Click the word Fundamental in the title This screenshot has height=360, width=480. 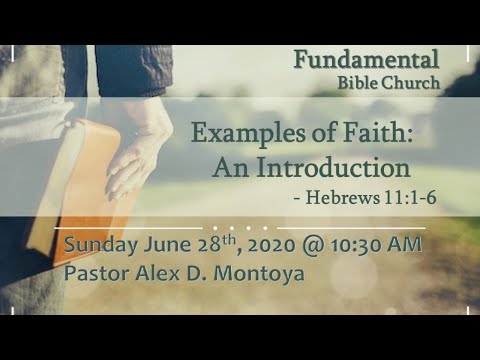click(x=367, y=60)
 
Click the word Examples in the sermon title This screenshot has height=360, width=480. click(x=242, y=133)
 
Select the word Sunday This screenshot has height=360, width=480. click(x=100, y=244)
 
